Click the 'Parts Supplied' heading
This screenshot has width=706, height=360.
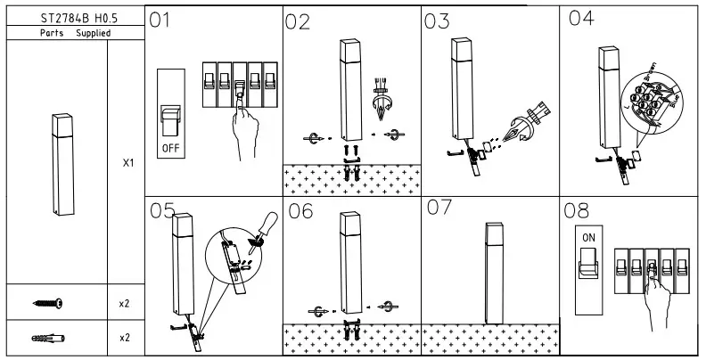(x=75, y=33)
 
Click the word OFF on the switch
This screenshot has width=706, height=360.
(x=171, y=144)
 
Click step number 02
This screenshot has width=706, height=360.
(x=299, y=23)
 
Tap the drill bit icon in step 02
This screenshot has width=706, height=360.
(x=384, y=99)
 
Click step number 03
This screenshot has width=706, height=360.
(x=437, y=22)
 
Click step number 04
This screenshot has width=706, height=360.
(x=580, y=19)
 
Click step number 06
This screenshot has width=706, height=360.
(x=301, y=211)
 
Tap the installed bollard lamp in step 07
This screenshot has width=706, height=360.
(x=490, y=273)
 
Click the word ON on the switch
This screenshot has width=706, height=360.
(x=589, y=240)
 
